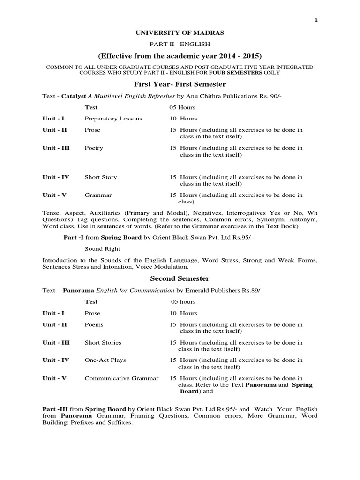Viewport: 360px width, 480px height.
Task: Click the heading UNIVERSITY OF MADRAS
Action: tap(180, 33)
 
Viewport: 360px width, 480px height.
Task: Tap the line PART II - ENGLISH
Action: tap(180, 44)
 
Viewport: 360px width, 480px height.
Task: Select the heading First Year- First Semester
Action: tap(180, 84)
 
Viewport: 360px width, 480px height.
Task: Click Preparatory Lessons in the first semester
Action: tap(113, 119)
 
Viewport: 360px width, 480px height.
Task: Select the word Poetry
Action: tap(94, 148)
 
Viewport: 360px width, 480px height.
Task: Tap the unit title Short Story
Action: tap(101, 177)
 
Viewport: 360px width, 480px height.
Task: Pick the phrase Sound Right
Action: tap(102, 249)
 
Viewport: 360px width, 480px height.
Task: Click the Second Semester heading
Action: tap(180, 278)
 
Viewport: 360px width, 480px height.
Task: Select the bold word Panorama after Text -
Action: tap(79, 291)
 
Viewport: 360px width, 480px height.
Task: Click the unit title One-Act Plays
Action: tap(105, 360)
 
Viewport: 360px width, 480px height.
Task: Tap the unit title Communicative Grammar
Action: tap(121, 378)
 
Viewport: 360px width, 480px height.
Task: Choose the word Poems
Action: tap(94, 324)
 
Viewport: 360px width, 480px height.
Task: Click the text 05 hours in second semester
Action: tap(183, 302)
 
